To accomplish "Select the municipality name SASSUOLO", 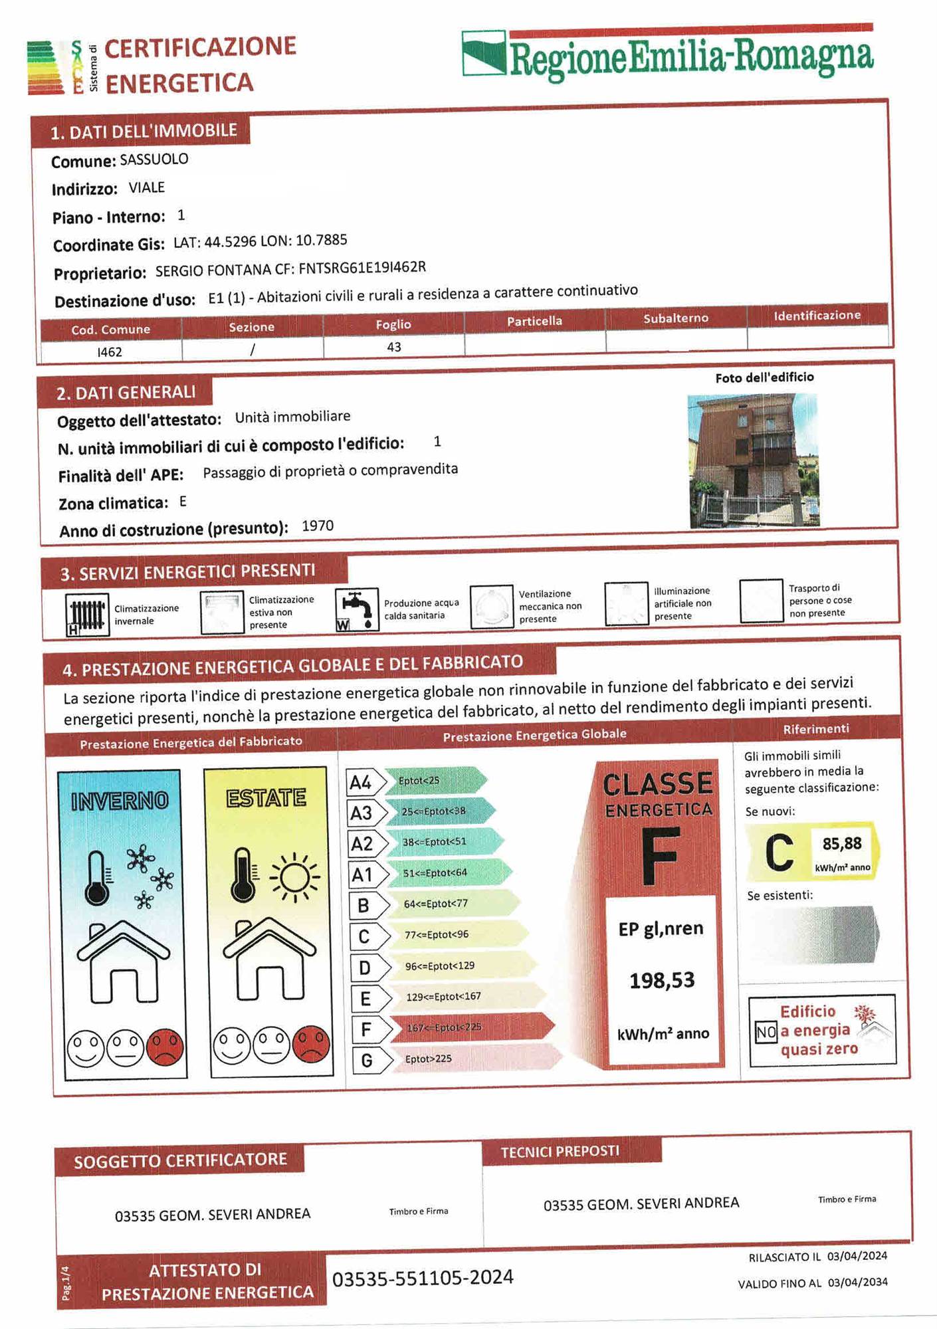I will point(154,159).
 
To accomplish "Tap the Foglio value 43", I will point(394,347).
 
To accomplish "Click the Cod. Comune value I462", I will point(110,352).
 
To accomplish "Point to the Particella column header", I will point(534,321).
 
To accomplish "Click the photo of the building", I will point(754,460).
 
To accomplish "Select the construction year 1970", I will point(318,526).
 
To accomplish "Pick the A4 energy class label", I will point(360,782).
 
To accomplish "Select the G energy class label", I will point(366,1061).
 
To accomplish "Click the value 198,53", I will point(662,980).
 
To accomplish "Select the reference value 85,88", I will point(842,844).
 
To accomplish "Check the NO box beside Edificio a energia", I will point(766,1032).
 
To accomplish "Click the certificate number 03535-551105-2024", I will point(423,1278).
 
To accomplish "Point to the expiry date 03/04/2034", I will point(857,1282).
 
